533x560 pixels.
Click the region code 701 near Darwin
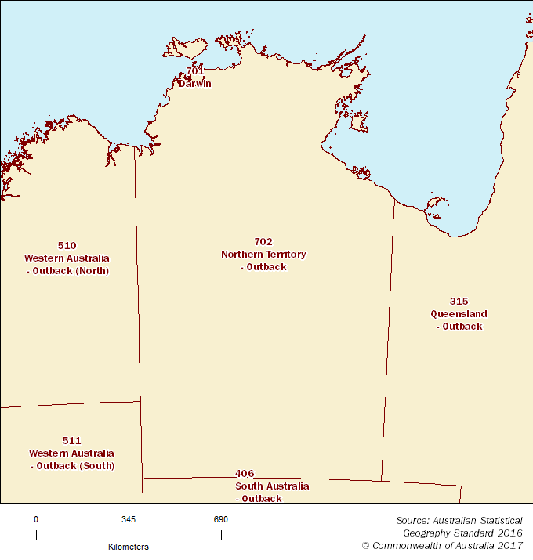[x=195, y=71]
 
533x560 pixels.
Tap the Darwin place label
[x=195, y=83]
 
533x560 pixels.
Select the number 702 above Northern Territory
[x=263, y=241]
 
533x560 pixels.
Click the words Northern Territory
[x=263, y=254]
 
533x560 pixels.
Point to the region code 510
[x=67, y=245]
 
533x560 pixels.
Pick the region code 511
[x=71, y=440]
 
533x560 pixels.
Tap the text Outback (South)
[x=75, y=465]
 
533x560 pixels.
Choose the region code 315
[x=459, y=301]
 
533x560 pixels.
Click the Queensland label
[x=459, y=313]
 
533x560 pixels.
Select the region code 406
[x=244, y=473]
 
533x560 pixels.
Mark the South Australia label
[x=272, y=486]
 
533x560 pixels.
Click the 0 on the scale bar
[x=36, y=519]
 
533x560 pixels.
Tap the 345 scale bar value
[x=129, y=519]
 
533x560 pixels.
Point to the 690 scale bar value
[x=220, y=519]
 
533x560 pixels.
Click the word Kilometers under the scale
[x=129, y=547]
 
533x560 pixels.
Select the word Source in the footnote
[x=412, y=520]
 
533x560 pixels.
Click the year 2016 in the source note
[x=509, y=533]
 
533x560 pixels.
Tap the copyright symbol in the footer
[x=365, y=545]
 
